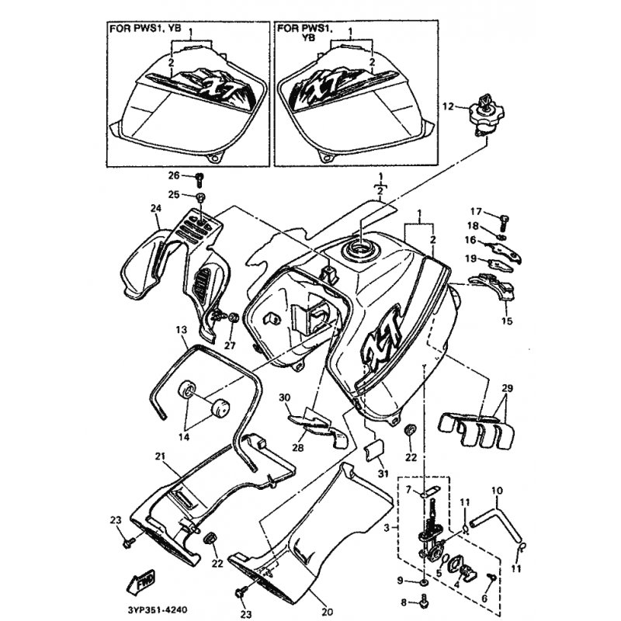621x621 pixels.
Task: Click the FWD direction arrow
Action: pyautogui.click(x=141, y=581)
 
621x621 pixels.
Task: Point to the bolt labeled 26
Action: pyautogui.click(x=200, y=180)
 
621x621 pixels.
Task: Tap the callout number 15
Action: pyautogui.click(x=508, y=321)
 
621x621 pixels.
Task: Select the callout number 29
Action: pyautogui.click(x=508, y=388)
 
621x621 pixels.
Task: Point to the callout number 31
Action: pyautogui.click(x=383, y=473)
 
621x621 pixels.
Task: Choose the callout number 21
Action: pyautogui.click(x=160, y=456)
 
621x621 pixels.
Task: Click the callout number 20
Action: pyautogui.click(x=327, y=612)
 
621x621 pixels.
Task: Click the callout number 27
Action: pyautogui.click(x=230, y=345)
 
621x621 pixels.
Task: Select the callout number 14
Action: pyautogui.click(x=184, y=437)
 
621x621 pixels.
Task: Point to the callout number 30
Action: pyautogui.click(x=284, y=397)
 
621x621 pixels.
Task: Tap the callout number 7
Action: pyautogui.click(x=409, y=491)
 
